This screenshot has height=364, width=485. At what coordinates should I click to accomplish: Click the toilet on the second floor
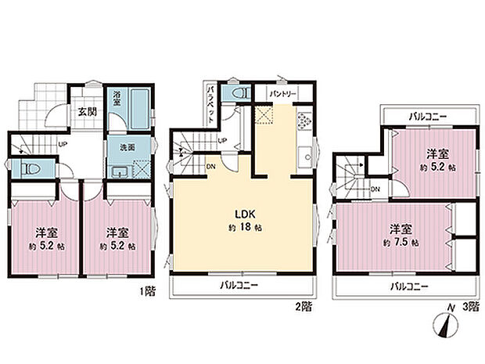(235, 92)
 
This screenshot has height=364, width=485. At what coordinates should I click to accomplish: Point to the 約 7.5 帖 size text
(403, 243)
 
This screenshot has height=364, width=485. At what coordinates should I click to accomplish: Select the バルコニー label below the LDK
(239, 285)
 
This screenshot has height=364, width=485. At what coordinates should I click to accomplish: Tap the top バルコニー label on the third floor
(428, 116)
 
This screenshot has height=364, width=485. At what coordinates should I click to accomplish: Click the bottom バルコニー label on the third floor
(409, 287)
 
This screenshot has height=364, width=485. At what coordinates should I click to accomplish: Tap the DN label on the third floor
(375, 189)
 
